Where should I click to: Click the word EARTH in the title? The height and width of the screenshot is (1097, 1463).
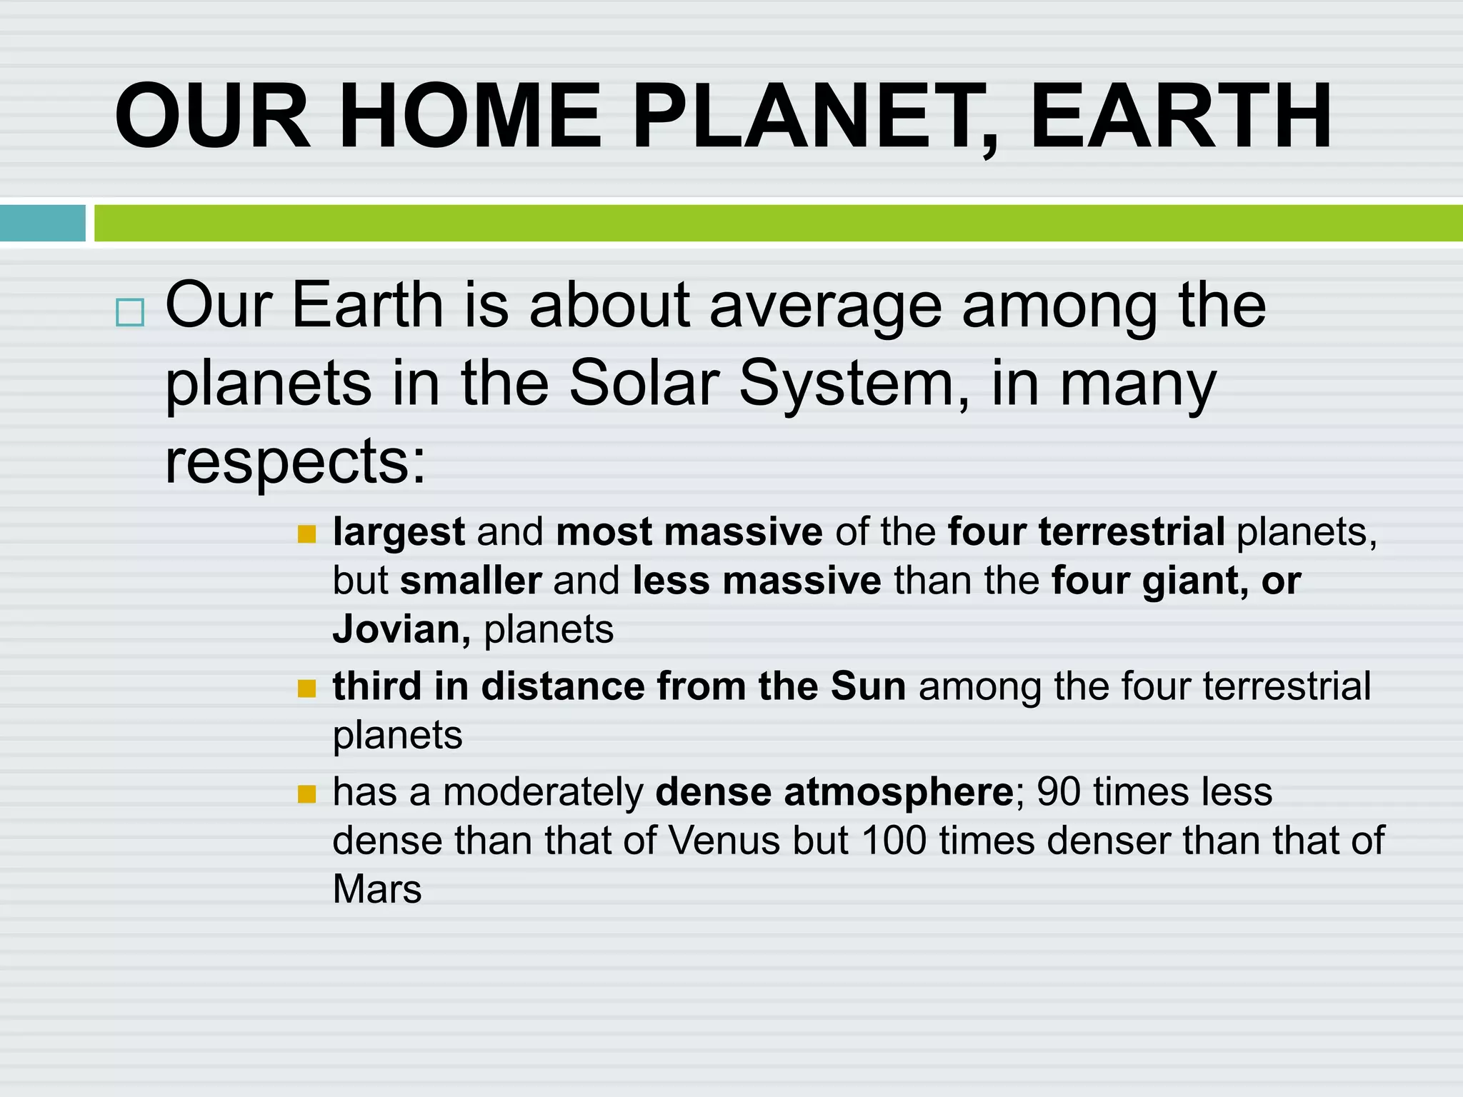click(x=1180, y=116)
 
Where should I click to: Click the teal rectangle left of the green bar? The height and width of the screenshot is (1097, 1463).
click(x=42, y=223)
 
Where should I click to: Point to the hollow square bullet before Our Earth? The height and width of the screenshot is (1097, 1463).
click(x=129, y=313)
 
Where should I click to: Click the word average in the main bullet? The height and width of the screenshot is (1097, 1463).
click(x=825, y=306)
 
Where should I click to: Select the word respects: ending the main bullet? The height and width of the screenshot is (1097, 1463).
click(x=295, y=461)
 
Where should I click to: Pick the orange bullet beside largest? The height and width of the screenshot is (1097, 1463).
click(x=306, y=534)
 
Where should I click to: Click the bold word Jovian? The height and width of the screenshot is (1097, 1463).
click(x=401, y=630)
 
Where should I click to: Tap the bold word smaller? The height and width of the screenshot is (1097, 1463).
click(x=470, y=581)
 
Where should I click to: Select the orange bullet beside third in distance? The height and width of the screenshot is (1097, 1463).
click(x=306, y=688)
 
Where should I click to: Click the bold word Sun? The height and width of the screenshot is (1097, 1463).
click(x=868, y=686)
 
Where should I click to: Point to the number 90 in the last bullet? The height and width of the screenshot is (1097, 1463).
click(x=1058, y=792)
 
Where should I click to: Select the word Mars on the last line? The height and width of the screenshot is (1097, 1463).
click(x=376, y=890)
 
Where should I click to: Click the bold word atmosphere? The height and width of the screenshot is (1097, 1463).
click(x=898, y=792)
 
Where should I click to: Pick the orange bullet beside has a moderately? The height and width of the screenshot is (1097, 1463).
click(x=306, y=794)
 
